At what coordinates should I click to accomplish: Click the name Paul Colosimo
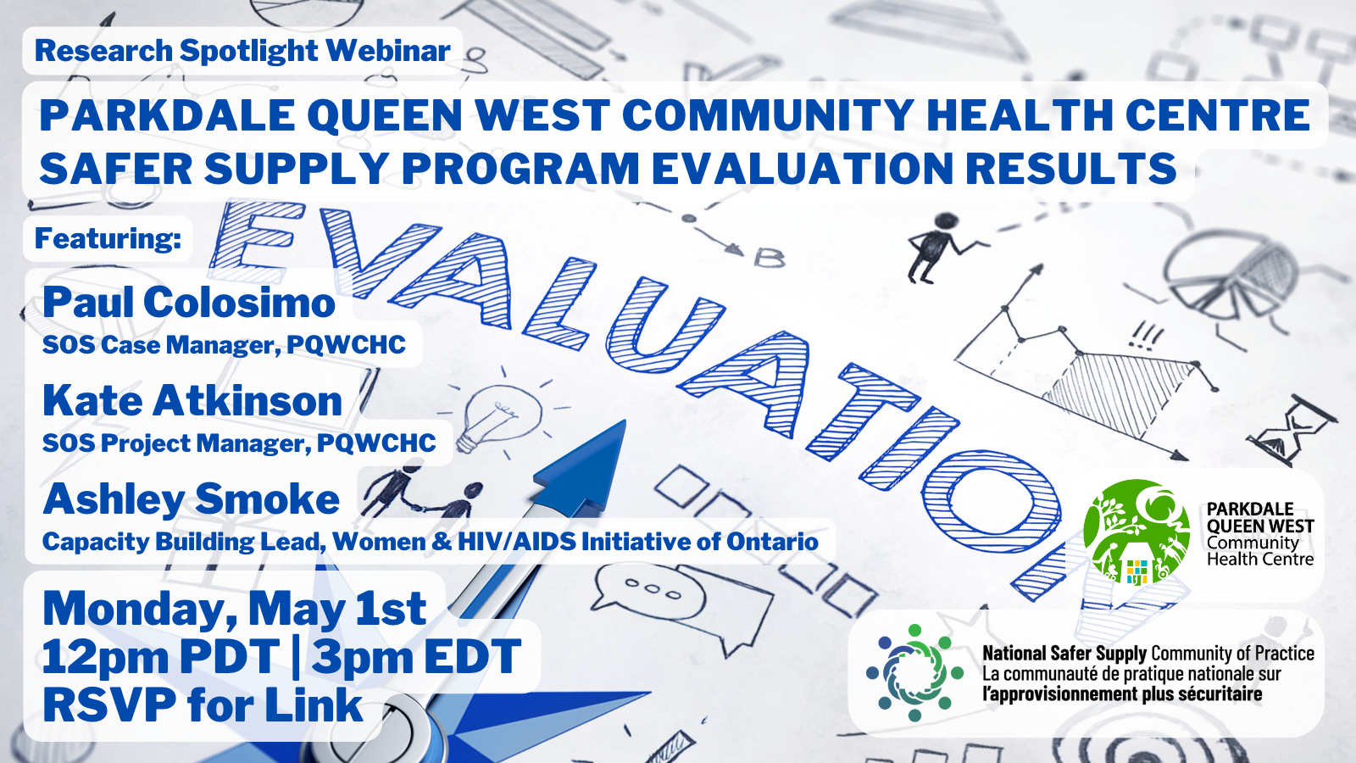188,302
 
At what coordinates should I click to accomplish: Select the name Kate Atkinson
192,401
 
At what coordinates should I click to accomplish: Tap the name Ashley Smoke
192,499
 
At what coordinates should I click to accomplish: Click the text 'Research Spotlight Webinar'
242,50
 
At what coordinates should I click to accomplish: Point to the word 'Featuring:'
108,238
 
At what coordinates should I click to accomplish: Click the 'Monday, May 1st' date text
235,609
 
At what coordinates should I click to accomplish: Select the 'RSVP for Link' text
203,705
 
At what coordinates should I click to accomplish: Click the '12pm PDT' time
160,656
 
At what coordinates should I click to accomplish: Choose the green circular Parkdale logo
1136,532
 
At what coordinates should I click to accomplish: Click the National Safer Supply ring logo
914,673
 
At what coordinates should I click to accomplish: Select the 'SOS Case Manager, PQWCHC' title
224,345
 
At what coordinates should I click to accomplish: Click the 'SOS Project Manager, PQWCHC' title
239,443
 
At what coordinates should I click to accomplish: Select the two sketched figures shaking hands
424,493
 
